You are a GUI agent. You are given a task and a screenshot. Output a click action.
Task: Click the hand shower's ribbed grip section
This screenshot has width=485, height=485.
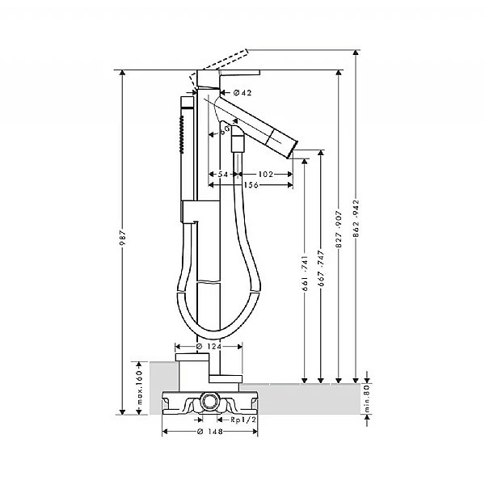183,133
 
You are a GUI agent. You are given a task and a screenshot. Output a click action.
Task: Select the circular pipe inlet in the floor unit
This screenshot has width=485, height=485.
210,400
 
